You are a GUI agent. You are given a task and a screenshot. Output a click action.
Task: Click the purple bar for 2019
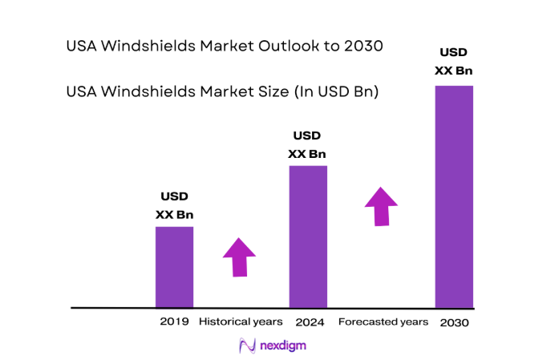click(x=174, y=267)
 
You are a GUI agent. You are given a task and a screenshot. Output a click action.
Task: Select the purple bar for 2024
click(x=308, y=237)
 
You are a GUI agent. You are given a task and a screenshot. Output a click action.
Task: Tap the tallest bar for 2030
click(x=454, y=196)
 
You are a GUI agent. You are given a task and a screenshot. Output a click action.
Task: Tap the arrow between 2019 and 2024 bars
click(x=239, y=257)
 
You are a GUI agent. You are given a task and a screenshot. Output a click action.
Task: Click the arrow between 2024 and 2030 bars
click(x=381, y=206)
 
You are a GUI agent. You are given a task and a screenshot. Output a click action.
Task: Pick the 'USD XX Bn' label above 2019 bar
click(x=174, y=205)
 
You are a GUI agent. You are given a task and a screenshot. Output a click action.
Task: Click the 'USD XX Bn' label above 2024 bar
click(x=308, y=144)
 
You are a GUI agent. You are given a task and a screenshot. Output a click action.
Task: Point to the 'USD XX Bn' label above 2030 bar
click(x=454, y=62)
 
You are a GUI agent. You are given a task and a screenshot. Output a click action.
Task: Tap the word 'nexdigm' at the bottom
click(x=284, y=346)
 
